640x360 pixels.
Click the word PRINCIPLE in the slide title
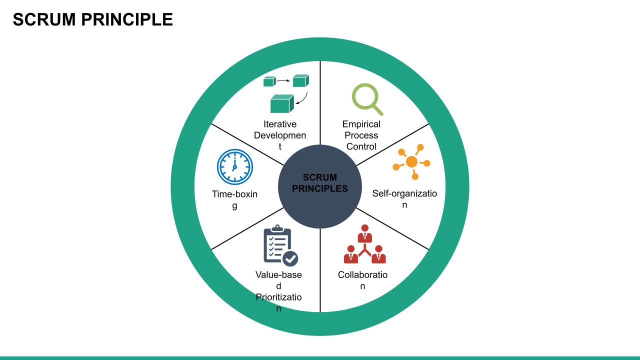click(126, 19)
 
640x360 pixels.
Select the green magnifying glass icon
click(367, 99)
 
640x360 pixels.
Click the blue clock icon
click(235, 167)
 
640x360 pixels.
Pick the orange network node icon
click(411, 162)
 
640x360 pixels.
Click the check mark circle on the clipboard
click(290, 258)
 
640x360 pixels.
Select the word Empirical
click(361, 124)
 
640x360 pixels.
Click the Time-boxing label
click(234, 199)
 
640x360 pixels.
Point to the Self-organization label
click(404, 198)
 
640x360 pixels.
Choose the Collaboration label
click(362, 280)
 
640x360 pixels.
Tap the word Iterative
click(280, 124)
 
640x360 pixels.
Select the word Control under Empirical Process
click(361, 146)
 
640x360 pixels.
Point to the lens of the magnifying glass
click(364, 96)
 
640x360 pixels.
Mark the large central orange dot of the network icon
click(411, 161)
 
